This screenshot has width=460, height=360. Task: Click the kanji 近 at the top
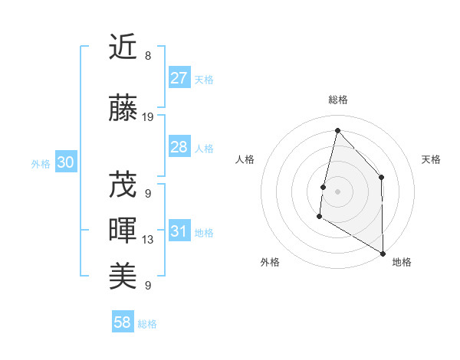coord(123,47)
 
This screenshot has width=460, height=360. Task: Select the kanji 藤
coord(123,109)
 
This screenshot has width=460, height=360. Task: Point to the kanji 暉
coord(123,231)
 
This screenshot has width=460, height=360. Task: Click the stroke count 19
coord(148,117)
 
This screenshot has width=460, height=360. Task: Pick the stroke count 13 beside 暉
coord(148,240)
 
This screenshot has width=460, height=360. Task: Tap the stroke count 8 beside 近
coord(148,56)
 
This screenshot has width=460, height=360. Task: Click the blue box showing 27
coord(179,78)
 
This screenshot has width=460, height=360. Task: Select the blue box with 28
coord(179,147)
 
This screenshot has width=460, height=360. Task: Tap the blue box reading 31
coord(179,232)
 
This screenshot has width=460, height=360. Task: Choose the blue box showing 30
coord(65,162)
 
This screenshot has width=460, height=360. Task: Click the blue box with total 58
coord(123,322)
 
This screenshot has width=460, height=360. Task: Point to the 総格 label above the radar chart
coord(338,100)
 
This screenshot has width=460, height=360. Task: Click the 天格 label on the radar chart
coord(432,159)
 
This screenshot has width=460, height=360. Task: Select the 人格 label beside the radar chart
coord(245,159)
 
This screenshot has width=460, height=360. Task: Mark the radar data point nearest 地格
coord(383,253)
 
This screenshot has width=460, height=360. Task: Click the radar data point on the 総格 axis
coord(337,131)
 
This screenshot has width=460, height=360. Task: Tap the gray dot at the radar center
coord(337,191)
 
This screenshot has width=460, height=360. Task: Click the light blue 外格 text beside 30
coord(41,163)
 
